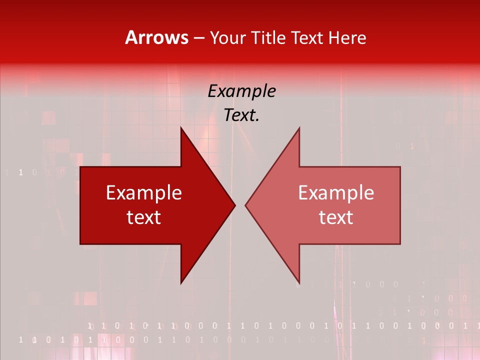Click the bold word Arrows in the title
click(156, 37)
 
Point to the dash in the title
click(198, 38)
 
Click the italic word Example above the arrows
click(241, 91)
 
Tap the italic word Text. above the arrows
click(241, 115)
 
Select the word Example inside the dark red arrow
click(143, 193)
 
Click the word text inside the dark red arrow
click(143, 217)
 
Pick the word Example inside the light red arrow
click(336, 193)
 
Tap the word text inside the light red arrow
click(336, 217)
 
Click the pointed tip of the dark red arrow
click(234, 205)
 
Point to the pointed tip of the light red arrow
click(246, 205)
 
